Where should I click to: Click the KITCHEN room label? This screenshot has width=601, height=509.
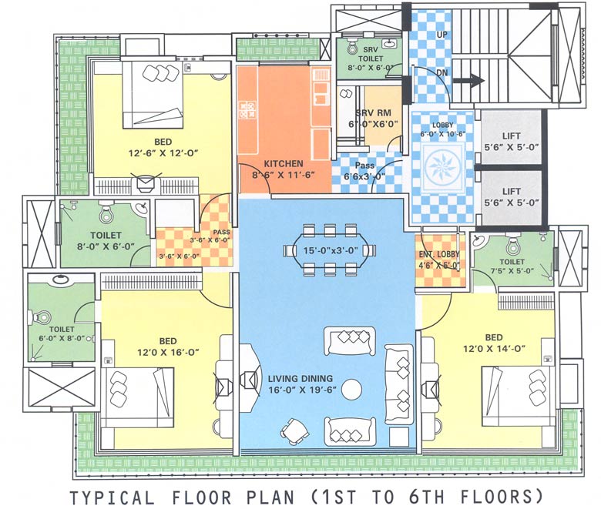pos(284,164)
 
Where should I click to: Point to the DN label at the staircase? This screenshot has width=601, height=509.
pos(442,73)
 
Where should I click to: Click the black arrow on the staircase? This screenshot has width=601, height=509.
pos(467,79)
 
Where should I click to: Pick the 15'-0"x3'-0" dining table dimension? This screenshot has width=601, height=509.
pos(329,250)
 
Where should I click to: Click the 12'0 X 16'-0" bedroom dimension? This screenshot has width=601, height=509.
pos(168,352)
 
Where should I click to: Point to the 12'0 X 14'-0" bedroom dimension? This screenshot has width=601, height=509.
pos(494,348)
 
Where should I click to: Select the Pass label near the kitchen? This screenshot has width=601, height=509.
pos(365,166)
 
